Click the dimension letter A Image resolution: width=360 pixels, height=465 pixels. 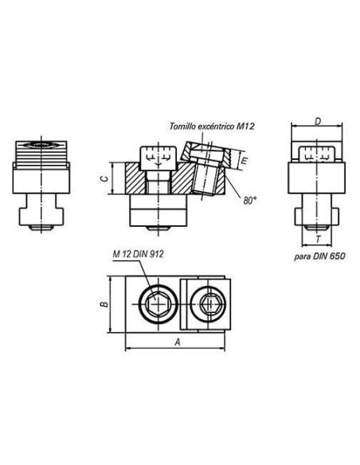178,342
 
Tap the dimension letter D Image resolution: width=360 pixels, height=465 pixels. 318,122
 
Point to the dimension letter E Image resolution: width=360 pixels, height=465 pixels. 244,161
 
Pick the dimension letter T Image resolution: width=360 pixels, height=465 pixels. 319,239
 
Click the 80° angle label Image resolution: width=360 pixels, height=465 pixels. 250,201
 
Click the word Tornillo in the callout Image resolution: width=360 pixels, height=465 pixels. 180,127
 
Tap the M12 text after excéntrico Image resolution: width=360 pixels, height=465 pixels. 245,127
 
